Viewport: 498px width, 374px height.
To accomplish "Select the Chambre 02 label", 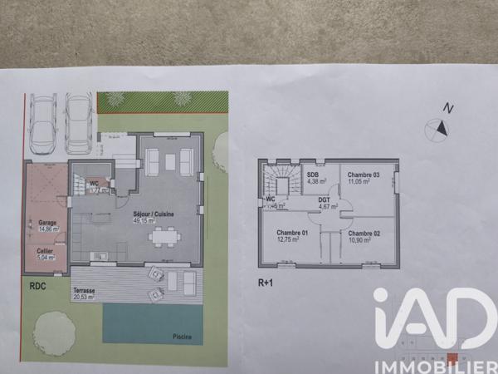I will tap(365, 234).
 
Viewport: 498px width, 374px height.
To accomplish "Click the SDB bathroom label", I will tap(313, 175).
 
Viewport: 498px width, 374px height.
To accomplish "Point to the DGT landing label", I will tap(325, 199).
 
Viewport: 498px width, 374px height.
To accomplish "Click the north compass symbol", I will tap(437, 127).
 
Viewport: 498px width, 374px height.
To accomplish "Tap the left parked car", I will tap(43, 124).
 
